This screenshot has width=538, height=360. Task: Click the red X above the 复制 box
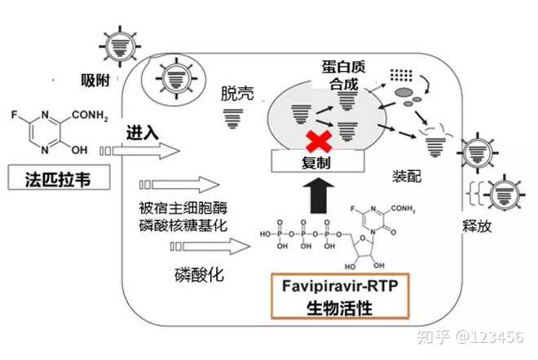click(x=319, y=141)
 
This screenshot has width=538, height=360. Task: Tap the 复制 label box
click(x=318, y=161)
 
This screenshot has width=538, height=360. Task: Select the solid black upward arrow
click(x=319, y=195)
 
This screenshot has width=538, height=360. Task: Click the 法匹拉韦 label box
click(x=59, y=178)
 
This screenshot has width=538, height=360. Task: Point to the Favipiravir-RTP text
click(x=340, y=286)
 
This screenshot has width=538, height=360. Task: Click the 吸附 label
click(x=95, y=81)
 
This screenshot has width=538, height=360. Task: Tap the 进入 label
click(x=143, y=133)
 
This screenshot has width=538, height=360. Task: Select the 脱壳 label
click(x=237, y=93)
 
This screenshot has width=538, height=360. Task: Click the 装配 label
click(x=407, y=176)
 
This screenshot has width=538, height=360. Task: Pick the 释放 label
click(x=477, y=226)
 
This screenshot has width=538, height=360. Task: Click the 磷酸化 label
click(x=199, y=274)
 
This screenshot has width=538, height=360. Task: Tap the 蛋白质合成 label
click(x=344, y=75)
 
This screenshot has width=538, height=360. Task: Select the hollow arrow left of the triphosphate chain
click(x=210, y=246)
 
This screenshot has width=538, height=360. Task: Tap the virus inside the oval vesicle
click(x=176, y=78)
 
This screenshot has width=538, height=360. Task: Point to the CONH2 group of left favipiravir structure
click(x=90, y=115)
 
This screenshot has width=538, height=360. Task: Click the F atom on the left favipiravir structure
click(x=14, y=115)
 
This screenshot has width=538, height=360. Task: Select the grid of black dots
click(x=401, y=75)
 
